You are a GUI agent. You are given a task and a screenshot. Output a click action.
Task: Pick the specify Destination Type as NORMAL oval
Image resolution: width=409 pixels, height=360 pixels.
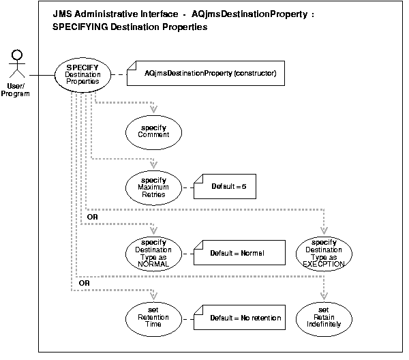(153, 253)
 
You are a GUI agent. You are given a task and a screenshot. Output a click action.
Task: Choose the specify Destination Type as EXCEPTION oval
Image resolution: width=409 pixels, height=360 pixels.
(324, 253)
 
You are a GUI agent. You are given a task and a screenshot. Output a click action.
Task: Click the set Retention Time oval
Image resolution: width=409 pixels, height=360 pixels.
(153, 318)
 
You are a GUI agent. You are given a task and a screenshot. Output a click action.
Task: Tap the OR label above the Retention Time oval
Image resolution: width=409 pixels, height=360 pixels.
(85, 282)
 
